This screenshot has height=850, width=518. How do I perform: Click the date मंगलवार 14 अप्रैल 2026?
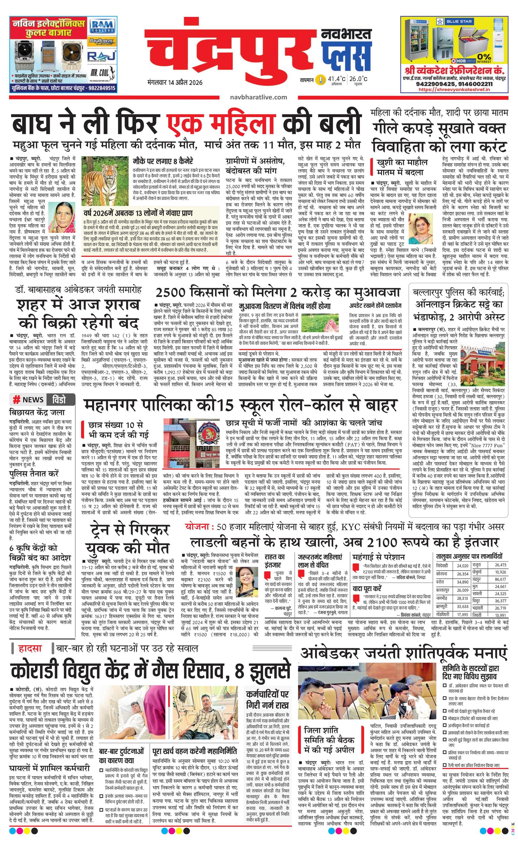click(174, 83)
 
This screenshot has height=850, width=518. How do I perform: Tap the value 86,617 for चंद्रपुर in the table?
click(500, 579)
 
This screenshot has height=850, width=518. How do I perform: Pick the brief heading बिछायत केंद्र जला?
click(37, 412)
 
